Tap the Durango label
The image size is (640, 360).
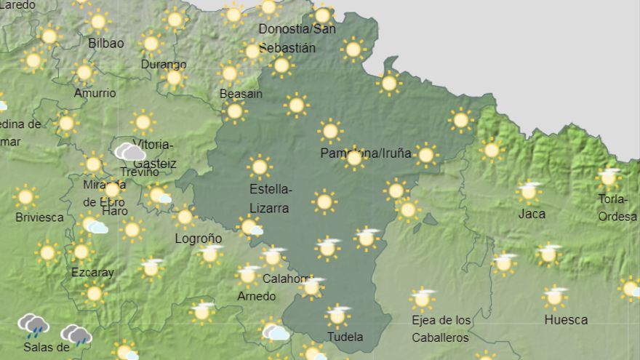[164, 64]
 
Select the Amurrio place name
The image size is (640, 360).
[95, 93]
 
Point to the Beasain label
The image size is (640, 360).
[241, 94]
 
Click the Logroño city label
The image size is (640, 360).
[199, 239]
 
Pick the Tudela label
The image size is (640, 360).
[345, 337]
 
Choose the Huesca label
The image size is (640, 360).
[566, 319]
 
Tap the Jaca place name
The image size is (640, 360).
[532, 214]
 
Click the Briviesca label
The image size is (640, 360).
[39, 217]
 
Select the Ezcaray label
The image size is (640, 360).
[92, 272]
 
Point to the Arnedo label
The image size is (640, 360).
[257, 296]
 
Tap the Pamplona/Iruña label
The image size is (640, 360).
[366, 153]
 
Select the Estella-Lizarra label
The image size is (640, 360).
[270, 199]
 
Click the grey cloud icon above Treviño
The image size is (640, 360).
[129, 152]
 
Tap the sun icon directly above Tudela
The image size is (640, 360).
[337, 316]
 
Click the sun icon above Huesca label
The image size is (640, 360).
[555, 297]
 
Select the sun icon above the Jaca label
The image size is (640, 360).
[530, 191]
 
